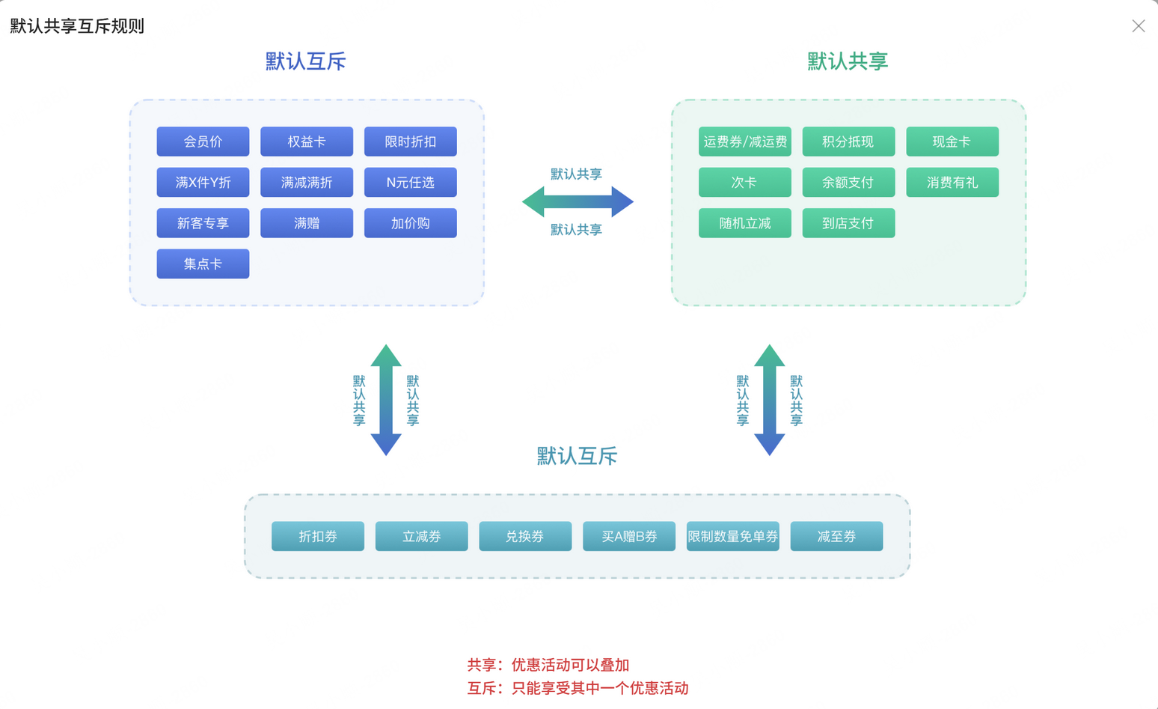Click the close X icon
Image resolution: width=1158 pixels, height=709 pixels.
1138,26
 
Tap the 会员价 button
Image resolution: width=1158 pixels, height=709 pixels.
203,142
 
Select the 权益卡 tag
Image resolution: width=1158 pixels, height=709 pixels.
307,142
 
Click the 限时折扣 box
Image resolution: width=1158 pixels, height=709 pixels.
410,142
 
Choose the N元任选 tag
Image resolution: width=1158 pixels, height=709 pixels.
410,182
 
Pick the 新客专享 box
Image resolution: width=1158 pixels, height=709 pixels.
203,223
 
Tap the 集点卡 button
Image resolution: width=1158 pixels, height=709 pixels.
203,264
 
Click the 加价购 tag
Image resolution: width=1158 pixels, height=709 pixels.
410,223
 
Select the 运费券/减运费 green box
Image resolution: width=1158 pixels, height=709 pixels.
744,142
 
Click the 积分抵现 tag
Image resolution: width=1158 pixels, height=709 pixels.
848,142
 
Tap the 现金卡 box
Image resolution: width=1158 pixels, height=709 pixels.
952,142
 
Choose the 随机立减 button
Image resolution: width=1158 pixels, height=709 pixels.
744,223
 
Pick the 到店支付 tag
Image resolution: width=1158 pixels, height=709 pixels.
848,223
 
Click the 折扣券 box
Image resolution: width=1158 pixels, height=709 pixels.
317,536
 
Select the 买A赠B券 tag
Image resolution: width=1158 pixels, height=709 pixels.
628,536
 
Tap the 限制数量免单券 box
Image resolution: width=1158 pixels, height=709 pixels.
732,536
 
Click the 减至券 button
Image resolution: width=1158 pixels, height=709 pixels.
836,536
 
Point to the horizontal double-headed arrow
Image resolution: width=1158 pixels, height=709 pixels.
578,201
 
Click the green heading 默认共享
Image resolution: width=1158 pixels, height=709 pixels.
848,61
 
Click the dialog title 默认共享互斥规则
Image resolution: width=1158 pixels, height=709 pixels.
77,26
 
